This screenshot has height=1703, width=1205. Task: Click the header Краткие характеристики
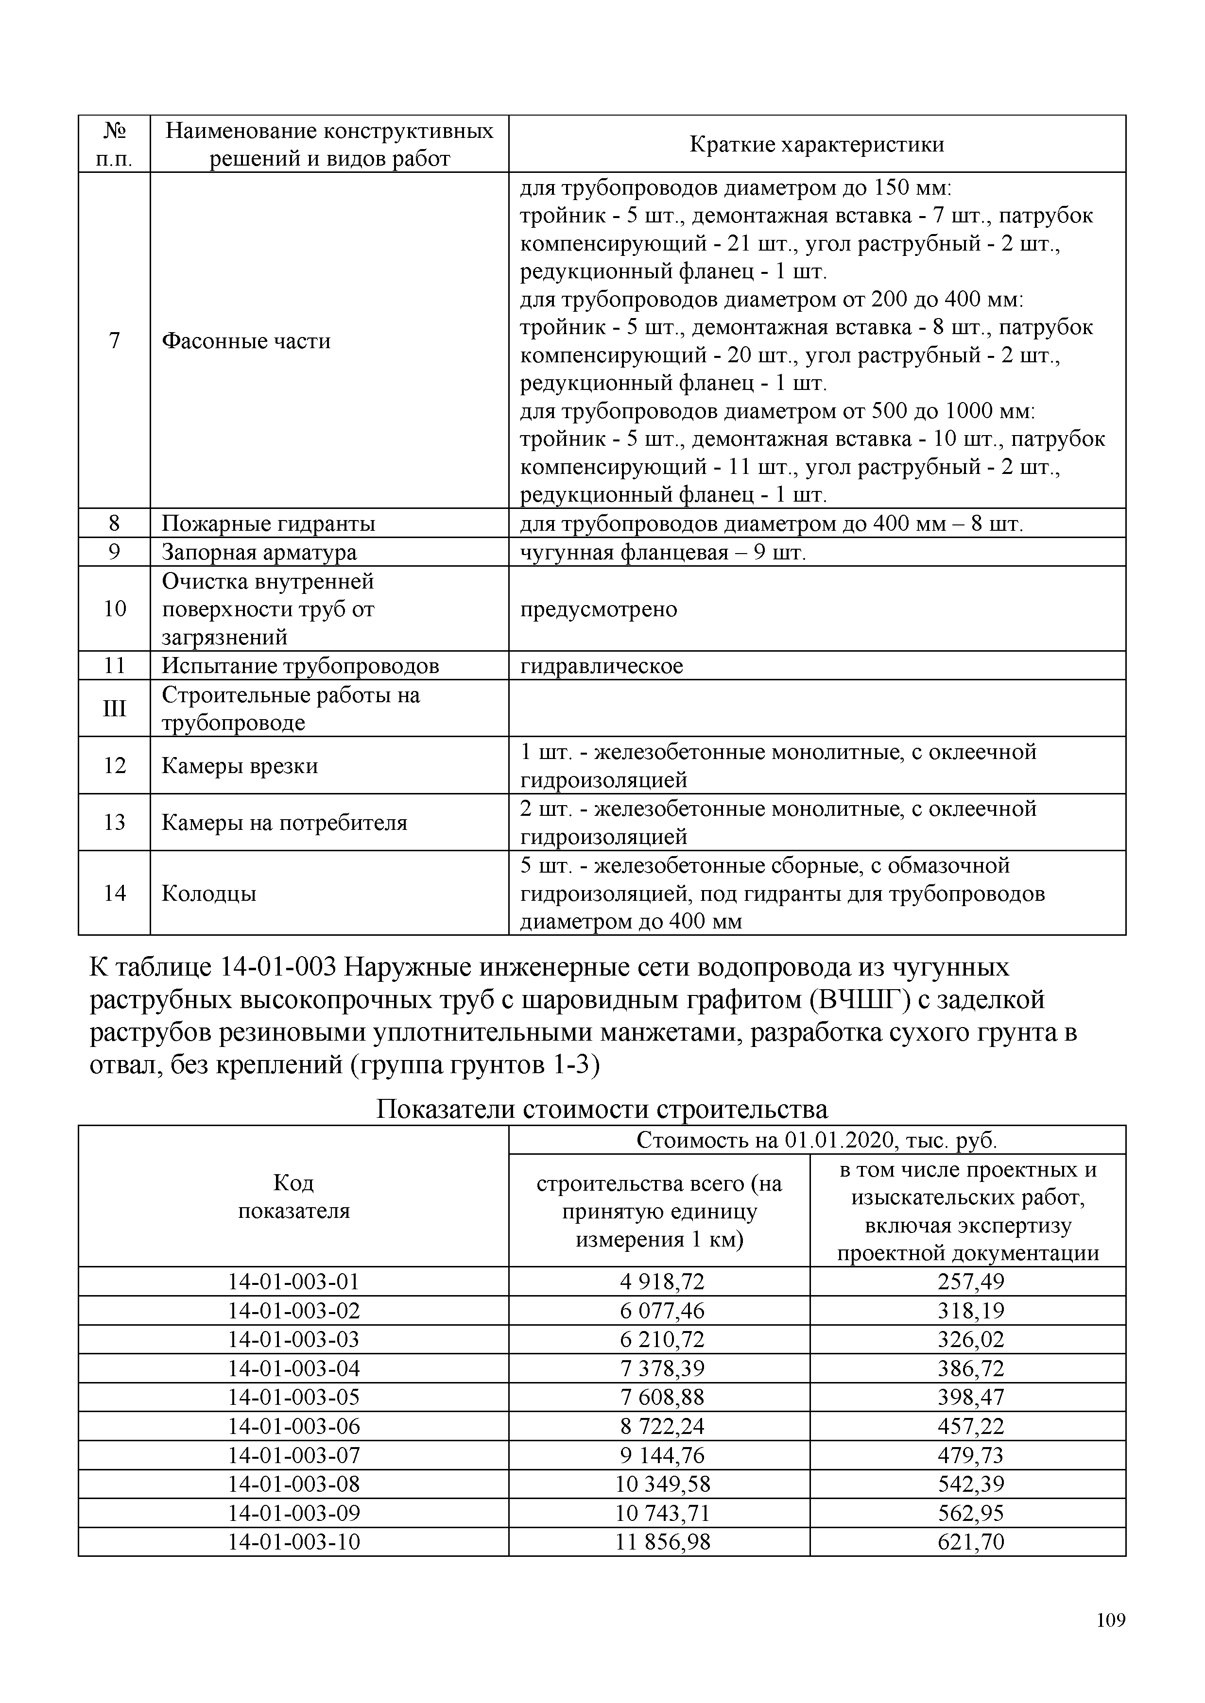[x=817, y=144]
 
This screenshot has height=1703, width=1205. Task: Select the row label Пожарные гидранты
[x=268, y=523]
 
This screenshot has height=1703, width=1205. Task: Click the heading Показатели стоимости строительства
[x=602, y=1109]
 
